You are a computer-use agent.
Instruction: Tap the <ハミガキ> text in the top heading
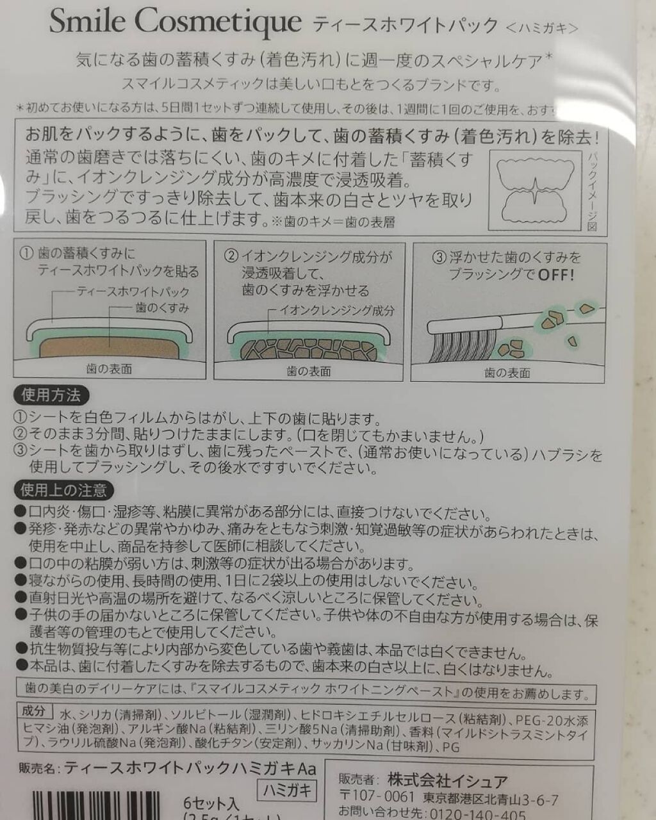pyautogui.click(x=542, y=28)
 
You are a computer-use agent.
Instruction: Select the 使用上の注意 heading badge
pyautogui.click(x=63, y=491)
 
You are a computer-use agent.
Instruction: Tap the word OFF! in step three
pyautogui.click(x=555, y=275)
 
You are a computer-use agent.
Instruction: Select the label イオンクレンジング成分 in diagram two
pyautogui.click(x=337, y=311)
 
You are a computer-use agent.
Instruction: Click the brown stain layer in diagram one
pyautogui.click(x=109, y=349)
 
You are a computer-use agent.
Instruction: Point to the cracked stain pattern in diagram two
pyautogui.click(x=309, y=350)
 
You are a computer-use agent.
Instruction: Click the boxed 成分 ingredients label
pyautogui.click(x=33, y=711)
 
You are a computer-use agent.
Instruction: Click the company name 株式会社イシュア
pyautogui.click(x=448, y=781)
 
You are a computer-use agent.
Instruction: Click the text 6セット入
pyautogui.click(x=211, y=803)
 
